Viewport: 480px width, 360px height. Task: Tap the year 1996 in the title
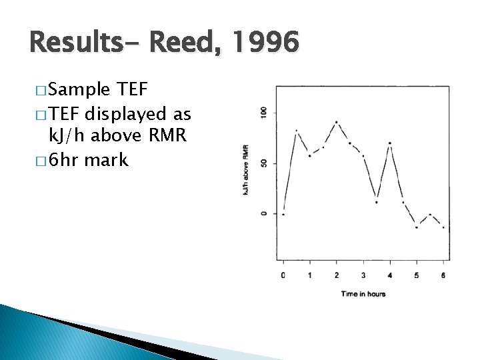pos(265,44)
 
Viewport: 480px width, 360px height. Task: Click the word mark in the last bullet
pos(107,160)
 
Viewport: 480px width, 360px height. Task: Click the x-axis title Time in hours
pos(363,293)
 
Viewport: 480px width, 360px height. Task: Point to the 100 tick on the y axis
pos(265,113)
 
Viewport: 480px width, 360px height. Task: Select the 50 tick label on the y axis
pos(265,163)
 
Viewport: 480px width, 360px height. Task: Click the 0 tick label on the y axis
pos(265,213)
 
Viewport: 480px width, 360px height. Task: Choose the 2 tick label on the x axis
pos(337,275)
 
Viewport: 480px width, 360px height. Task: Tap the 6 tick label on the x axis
pos(443,275)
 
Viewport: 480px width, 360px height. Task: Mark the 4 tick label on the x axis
pos(390,275)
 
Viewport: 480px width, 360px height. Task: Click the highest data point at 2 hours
pos(337,122)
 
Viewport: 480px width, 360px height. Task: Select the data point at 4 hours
pos(390,143)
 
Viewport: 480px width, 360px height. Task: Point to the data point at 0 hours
pos(283,214)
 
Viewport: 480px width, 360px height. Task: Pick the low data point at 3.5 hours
pos(377,202)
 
